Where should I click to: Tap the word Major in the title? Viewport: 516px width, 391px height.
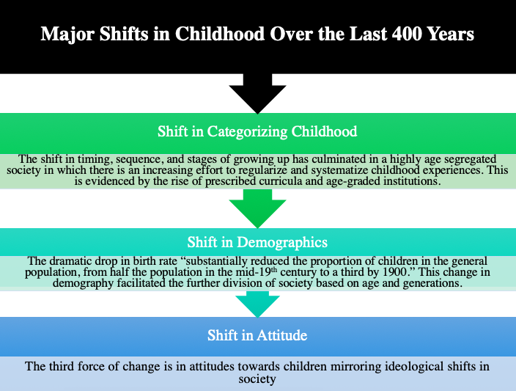[67, 34]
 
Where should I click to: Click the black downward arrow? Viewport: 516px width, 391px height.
[258, 94]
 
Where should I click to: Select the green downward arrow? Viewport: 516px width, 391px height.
[258, 208]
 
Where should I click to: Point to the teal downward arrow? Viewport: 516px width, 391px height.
[258, 304]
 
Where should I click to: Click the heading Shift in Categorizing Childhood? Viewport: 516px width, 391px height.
[257, 131]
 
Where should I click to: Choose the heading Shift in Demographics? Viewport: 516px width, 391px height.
[257, 242]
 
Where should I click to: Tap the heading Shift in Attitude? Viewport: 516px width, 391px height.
[257, 335]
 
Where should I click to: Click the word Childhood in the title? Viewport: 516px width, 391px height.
[220, 34]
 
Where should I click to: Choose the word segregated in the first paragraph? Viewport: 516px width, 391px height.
[471, 159]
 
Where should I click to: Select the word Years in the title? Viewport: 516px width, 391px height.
[451, 34]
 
